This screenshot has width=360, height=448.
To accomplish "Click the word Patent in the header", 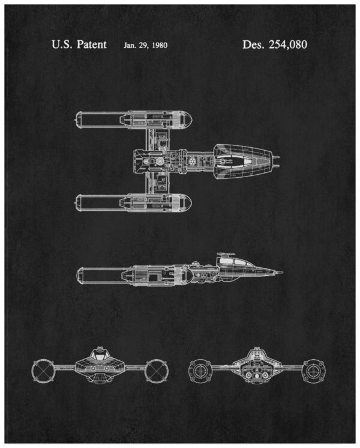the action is point(92,44).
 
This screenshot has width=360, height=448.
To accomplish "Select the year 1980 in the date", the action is point(160,45).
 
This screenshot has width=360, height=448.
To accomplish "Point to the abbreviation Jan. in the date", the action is point(130,45).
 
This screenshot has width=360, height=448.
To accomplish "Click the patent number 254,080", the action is point(288,44).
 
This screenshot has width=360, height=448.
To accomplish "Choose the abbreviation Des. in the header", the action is point(253,44).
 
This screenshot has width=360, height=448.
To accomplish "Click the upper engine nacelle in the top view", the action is point(134,120).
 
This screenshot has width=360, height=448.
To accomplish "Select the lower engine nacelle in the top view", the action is point(133,202).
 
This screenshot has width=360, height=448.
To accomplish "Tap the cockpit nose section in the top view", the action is point(243,162).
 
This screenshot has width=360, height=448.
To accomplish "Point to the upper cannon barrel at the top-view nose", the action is point(276,157).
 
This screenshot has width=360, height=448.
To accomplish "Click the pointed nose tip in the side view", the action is point(283,272).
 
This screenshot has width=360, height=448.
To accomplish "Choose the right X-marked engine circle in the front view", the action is point(157,371).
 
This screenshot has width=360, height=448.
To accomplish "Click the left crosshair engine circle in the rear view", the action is point(200,371).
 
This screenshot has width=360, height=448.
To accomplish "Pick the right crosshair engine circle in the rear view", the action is point(314,371).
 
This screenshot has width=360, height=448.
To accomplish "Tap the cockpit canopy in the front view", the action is point(100,354).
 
